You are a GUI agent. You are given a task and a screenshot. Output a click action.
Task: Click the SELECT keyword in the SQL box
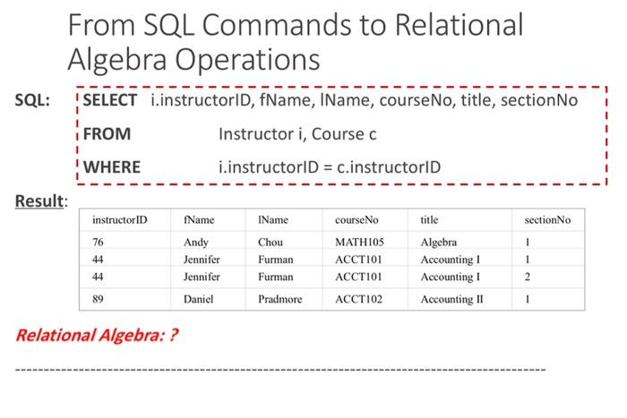click(110, 101)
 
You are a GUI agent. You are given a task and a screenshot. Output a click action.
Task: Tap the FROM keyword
click(107, 134)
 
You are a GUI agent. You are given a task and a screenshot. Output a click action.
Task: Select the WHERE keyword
click(112, 166)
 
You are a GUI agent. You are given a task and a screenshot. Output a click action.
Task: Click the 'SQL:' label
click(32, 101)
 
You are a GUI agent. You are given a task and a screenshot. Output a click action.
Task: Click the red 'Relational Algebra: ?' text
click(92, 336)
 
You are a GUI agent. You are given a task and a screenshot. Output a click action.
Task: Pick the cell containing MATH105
click(359, 243)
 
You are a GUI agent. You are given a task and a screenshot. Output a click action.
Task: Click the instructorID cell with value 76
click(98, 243)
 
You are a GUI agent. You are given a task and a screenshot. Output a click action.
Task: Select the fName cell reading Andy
click(195, 243)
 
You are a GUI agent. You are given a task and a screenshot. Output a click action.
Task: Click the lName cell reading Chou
click(270, 243)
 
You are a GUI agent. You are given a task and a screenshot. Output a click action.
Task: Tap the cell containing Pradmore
click(279, 299)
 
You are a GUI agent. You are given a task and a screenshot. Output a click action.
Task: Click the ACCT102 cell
click(358, 299)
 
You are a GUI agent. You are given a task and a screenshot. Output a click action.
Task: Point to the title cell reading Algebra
click(438, 243)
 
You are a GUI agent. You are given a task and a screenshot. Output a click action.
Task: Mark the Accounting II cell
click(451, 299)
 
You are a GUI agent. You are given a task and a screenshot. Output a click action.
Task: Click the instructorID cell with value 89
click(98, 299)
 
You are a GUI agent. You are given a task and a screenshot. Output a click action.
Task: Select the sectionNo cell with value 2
click(528, 277)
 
